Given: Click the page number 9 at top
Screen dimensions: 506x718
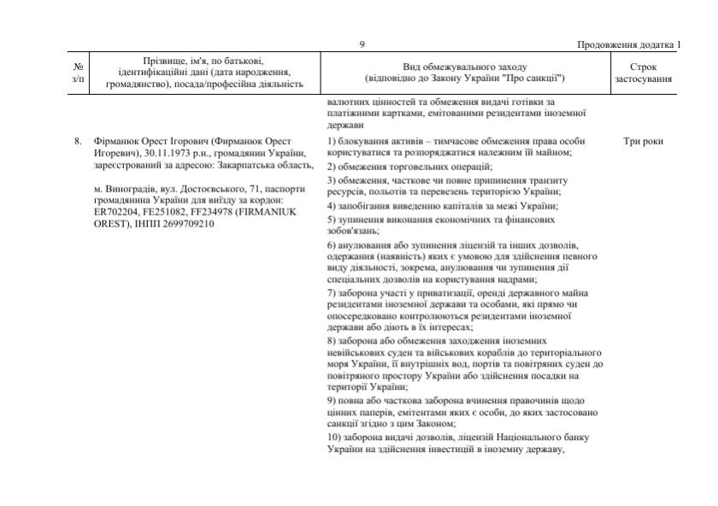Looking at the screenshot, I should pos(362,44).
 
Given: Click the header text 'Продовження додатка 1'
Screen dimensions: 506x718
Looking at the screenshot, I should pos(630,44).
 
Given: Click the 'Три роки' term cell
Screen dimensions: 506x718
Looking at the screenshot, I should pos(644,141).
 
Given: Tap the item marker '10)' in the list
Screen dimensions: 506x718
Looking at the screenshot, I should pos(334,438).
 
